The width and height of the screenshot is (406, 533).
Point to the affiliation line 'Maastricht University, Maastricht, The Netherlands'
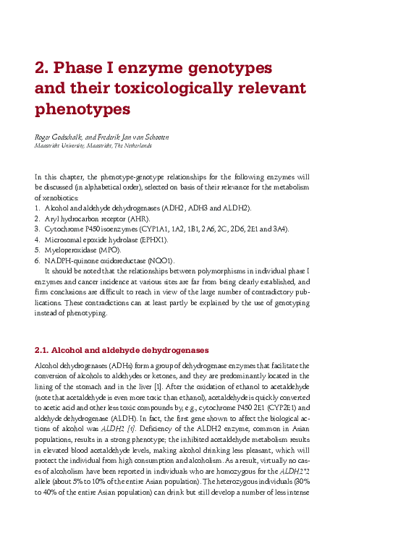[93, 145]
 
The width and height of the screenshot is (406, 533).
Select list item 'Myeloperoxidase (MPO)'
[83, 250]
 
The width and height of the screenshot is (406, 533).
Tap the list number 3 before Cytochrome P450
[37, 229]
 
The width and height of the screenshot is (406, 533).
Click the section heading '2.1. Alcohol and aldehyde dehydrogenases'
[122, 349]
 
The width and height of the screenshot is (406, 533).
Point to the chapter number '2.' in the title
[42, 69]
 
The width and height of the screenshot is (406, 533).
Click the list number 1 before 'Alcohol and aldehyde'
[37, 208]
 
